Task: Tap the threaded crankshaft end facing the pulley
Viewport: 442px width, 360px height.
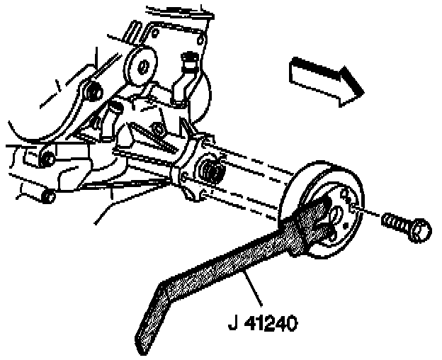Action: [211, 172]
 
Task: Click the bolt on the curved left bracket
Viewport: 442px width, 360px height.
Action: [90, 91]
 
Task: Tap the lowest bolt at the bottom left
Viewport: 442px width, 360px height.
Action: [48, 194]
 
